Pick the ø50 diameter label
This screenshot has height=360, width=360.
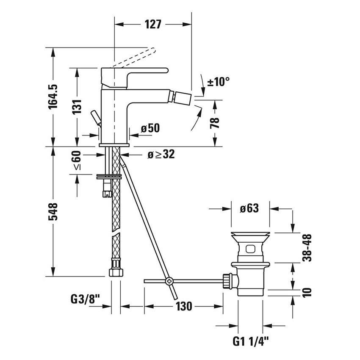pyautogui.click(x=150, y=128)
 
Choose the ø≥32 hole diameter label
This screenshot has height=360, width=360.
pyautogui.click(x=161, y=155)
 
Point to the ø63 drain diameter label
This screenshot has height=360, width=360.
pyautogui.click(x=249, y=208)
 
